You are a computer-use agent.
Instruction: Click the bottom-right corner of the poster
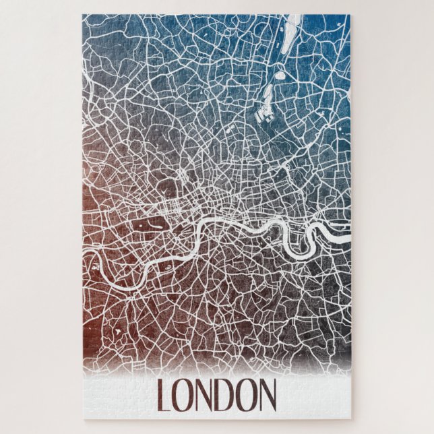[351, 419]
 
